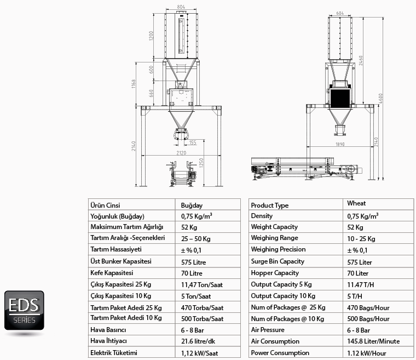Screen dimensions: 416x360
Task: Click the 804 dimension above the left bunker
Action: (181, 7)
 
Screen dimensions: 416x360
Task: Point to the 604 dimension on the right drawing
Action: (340, 13)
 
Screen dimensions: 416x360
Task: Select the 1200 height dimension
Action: (151, 36)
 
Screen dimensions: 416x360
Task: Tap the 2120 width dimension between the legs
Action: (182, 153)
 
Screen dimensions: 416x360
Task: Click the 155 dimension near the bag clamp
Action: (193, 142)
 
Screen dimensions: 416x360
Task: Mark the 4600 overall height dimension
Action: (381, 99)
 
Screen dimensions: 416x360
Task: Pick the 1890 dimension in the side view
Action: (340, 144)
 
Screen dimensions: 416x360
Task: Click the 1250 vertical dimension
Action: (201, 163)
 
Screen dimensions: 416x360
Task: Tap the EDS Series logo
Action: (24, 310)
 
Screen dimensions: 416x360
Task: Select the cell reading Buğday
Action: (192, 205)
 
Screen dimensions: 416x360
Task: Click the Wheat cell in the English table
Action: (356, 203)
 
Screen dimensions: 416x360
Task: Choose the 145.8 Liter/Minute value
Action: (373, 341)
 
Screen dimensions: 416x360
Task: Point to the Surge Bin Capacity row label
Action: (278, 261)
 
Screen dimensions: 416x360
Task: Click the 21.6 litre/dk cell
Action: (198, 341)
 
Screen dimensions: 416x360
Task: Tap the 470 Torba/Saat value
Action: (202, 307)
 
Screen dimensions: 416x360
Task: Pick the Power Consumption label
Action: (280, 353)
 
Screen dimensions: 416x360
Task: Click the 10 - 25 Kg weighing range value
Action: (361, 238)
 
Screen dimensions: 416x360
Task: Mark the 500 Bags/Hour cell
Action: (368, 319)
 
